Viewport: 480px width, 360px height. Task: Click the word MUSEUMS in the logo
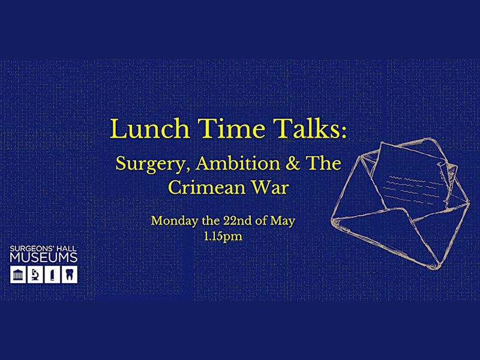pyautogui.click(x=43, y=259)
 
